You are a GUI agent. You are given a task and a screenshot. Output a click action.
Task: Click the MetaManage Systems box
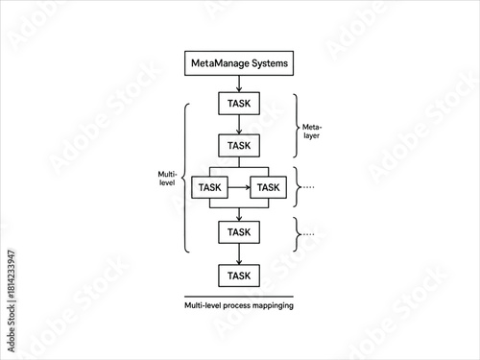click(x=239, y=64)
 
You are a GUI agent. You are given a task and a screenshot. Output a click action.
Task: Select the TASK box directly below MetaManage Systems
click(x=239, y=104)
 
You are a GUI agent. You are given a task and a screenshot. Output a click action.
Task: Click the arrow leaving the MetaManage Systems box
click(x=239, y=84)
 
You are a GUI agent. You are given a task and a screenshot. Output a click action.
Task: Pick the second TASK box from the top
click(x=239, y=145)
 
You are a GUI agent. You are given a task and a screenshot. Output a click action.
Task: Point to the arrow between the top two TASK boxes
click(x=239, y=125)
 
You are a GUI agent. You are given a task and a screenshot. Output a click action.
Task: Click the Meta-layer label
click(x=312, y=132)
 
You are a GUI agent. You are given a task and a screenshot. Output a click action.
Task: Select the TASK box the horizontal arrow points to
click(x=268, y=187)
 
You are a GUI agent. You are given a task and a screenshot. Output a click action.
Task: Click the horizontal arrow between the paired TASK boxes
click(x=239, y=187)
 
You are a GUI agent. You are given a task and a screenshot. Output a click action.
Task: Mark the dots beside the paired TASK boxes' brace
click(x=308, y=187)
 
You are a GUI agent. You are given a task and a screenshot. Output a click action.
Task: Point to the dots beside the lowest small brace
click(x=308, y=233)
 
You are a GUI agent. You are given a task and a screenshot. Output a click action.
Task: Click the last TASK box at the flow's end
click(x=239, y=276)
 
